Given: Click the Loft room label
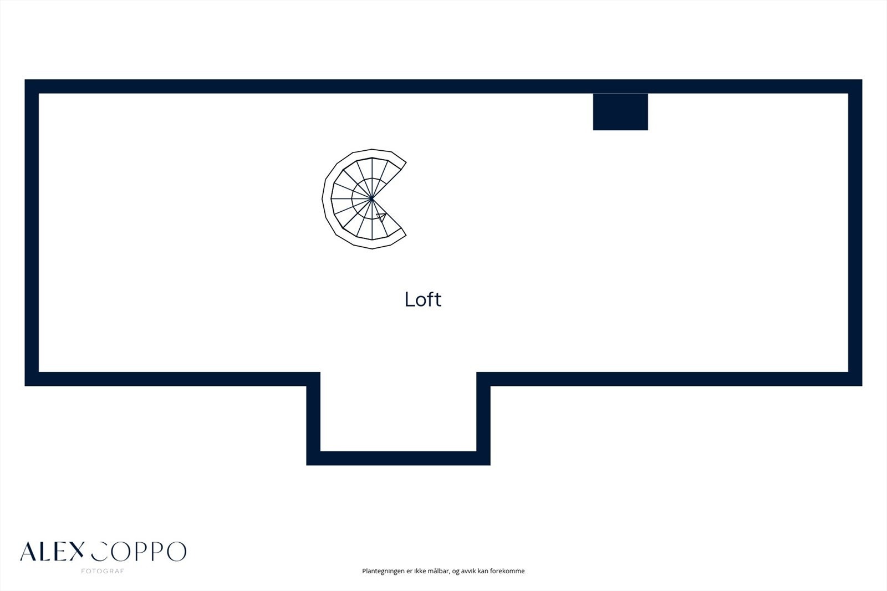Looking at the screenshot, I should tap(423, 299).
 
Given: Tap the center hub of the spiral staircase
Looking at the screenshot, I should tap(371, 198).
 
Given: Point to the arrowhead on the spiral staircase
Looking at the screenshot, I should tap(381, 216).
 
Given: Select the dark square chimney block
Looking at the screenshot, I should tap(620, 112).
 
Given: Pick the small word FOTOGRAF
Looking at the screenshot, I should tap(103, 571).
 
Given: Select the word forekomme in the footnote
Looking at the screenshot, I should tap(507, 571).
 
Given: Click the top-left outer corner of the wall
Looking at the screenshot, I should tap(26, 81).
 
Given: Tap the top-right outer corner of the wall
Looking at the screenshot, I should tap(861, 81).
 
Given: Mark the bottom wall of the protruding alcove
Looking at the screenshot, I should tap(398, 458).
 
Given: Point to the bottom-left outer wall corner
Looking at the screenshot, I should tap(26, 384).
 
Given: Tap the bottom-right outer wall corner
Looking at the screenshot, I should tap(861, 384).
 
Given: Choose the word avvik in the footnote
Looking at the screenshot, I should tap(470, 571).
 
